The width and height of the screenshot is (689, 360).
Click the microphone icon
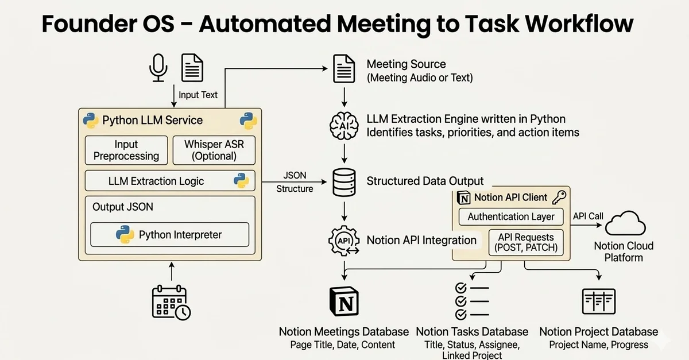(x=158, y=67)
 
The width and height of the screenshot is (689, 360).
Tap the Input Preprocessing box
(x=126, y=150)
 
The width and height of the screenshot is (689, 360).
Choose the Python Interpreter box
(x=169, y=234)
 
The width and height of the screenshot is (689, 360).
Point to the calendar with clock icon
(x=171, y=303)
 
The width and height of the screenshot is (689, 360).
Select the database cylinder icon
(x=343, y=181)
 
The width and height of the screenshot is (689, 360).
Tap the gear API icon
(x=343, y=241)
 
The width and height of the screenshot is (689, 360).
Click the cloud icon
(x=624, y=224)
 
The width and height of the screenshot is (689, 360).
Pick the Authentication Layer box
(x=511, y=216)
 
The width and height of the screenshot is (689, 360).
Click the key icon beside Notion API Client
(x=559, y=197)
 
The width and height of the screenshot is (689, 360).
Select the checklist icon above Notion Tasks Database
(x=471, y=301)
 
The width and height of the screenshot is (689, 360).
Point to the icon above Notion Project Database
(x=598, y=302)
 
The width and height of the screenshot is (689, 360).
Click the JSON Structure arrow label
(x=295, y=182)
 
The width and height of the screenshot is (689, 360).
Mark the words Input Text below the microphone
(x=198, y=95)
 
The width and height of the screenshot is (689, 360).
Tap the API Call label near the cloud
(x=588, y=216)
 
